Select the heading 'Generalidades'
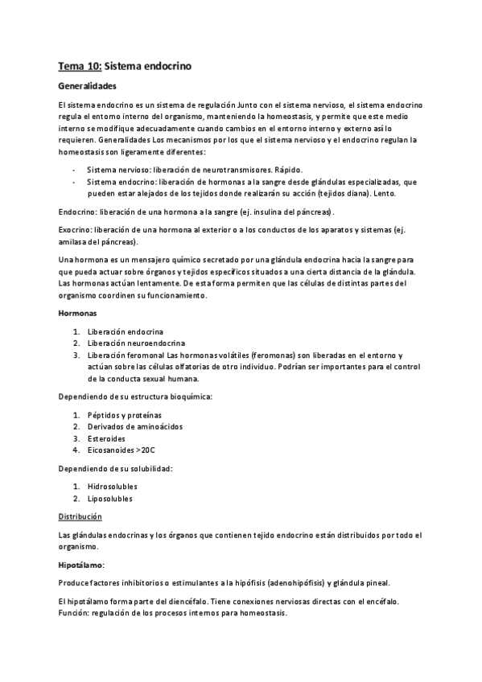(x=88, y=85)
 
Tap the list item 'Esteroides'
(x=106, y=439)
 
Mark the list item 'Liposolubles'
(x=111, y=499)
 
